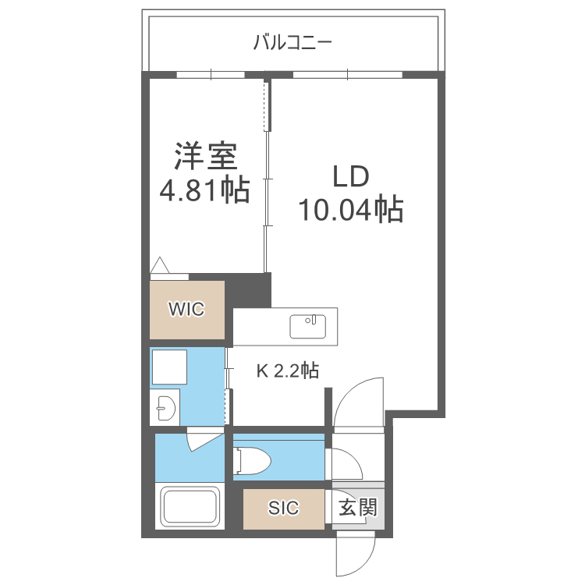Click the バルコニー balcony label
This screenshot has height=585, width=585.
[292, 42]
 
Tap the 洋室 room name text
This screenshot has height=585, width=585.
[204, 156]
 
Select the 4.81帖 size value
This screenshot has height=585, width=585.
[204, 190]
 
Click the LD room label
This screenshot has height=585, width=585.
[351, 177]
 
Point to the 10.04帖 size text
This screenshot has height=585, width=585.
[351, 210]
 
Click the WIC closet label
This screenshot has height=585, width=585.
[187, 310]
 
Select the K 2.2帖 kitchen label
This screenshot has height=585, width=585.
[288, 371]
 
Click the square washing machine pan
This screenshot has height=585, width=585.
[169, 367]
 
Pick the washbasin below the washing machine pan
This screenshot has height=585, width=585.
[165, 406]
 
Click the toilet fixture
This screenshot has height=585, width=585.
[251, 460]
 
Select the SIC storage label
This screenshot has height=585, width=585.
[283, 509]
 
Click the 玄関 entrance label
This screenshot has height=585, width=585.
[358, 509]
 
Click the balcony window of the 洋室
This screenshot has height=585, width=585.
[211, 76]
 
